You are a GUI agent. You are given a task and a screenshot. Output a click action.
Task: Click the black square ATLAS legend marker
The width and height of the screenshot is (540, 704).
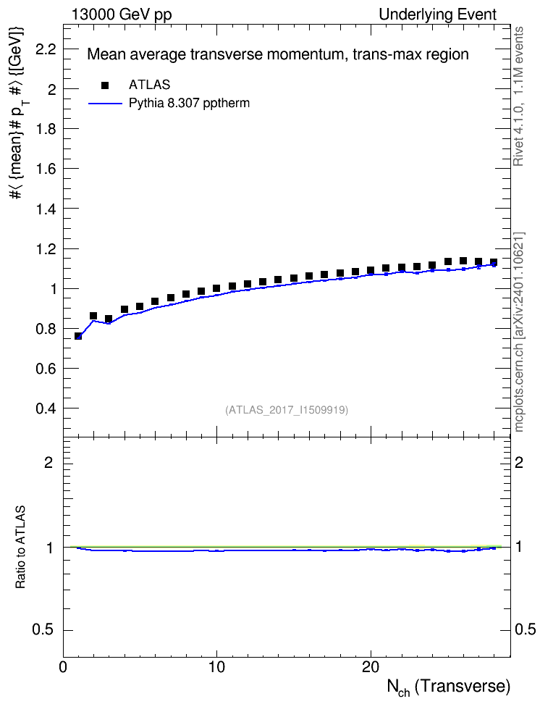pos(105,85)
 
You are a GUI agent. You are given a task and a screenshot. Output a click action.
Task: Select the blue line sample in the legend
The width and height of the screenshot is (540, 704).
pos(105,104)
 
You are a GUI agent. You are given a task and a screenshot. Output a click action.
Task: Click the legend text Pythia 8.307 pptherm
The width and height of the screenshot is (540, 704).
pos(189,104)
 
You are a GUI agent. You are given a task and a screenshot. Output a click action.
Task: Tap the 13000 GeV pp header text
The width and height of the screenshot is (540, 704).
pos(121,14)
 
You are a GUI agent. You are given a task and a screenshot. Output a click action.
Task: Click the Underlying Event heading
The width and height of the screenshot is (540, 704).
pos(438,14)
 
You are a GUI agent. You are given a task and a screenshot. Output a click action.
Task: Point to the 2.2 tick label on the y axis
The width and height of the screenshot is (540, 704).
pos(46,49)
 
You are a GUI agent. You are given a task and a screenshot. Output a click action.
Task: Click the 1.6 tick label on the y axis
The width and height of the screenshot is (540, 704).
pos(46,169)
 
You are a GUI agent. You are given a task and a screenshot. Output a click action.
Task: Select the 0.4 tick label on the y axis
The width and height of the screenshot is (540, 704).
pos(46,408)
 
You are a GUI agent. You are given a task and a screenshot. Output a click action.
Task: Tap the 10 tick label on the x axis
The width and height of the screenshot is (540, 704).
pos(217,667)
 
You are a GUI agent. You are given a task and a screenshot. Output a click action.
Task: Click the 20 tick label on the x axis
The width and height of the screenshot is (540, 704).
pos(371,667)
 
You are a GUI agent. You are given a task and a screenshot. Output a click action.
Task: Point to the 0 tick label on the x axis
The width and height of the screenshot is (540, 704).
pos(63,667)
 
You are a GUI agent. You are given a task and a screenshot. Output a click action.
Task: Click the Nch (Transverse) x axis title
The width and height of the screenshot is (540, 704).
pos(448,687)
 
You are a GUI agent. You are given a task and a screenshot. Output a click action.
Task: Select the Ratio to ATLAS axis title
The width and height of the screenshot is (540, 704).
pos(20,547)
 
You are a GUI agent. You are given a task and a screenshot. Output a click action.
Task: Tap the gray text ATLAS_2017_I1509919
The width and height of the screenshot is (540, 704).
pos(287,410)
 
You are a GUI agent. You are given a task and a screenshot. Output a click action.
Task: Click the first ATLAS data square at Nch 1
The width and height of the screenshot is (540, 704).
pos(78,336)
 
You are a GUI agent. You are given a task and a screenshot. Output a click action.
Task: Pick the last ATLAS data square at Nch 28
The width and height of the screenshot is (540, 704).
pos(494,262)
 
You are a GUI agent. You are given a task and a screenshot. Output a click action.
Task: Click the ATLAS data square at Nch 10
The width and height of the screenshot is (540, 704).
pos(217,288)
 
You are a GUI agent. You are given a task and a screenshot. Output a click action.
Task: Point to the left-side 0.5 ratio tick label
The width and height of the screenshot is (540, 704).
pos(43,630)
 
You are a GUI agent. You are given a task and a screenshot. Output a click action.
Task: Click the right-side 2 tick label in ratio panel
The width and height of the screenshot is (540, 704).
pos(519,462)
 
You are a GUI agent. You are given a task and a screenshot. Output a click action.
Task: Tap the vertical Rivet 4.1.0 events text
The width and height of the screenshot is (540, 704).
pos(518,96)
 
